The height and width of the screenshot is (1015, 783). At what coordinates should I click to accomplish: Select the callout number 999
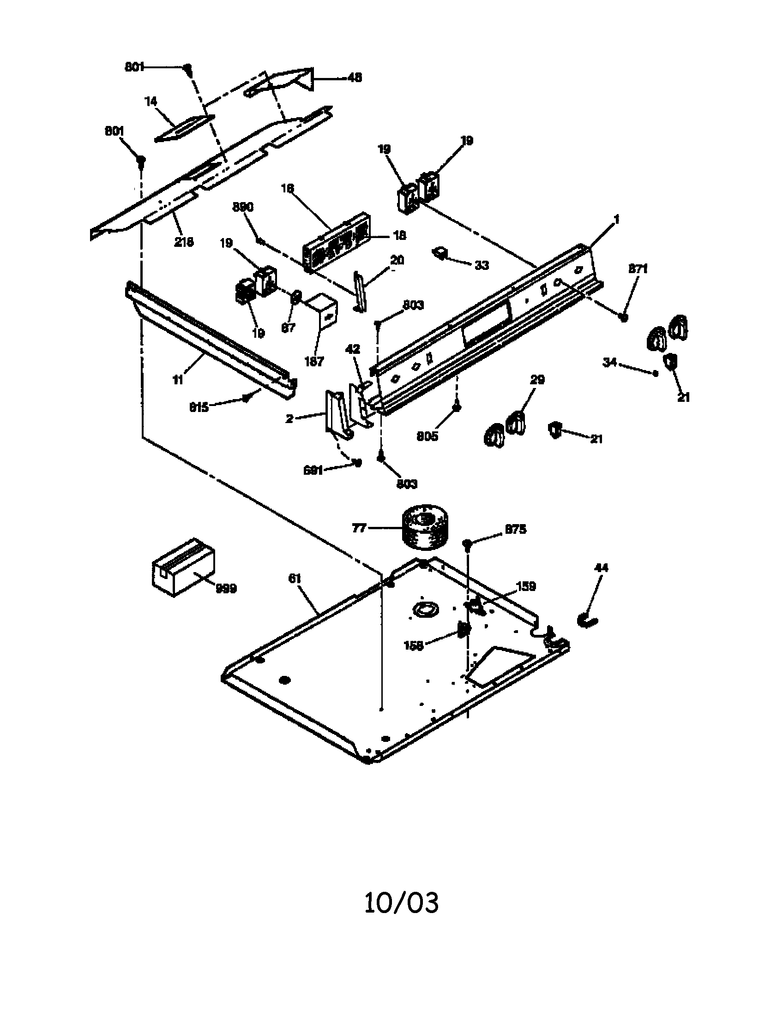tap(226, 589)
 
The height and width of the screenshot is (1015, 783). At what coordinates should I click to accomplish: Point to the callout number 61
tap(295, 579)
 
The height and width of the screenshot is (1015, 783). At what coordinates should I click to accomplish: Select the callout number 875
tap(515, 529)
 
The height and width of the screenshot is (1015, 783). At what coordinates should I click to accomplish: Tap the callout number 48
tap(354, 78)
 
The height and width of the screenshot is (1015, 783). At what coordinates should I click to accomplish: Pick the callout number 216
tap(184, 242)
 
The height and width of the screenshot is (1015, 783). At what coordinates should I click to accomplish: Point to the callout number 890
tap(243, 207)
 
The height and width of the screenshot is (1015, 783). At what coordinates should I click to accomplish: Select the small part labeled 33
tap(440, 253)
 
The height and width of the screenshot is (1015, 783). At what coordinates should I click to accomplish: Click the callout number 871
tap(638, 269)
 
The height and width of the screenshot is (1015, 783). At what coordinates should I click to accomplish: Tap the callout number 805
tap(428, 436)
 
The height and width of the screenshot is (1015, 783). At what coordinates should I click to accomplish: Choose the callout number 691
tap(313, 470)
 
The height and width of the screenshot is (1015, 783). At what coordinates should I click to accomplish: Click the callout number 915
tap(199, 407)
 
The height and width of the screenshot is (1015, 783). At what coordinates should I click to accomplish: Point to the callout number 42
tap(353, 349)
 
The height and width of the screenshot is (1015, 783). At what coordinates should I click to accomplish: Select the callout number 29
tap(537, 380)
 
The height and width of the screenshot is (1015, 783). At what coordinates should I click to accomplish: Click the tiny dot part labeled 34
tap(656, 373)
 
